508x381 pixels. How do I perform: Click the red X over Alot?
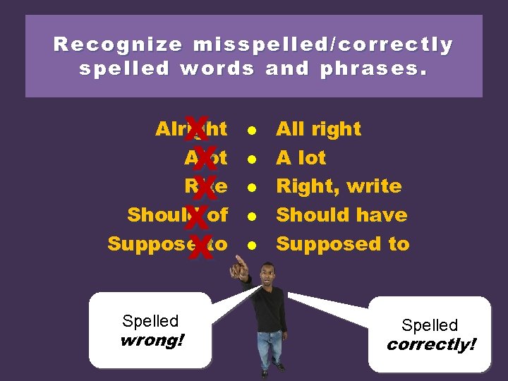click(x=203, y=159)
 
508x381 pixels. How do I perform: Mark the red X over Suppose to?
click(x=201, y=246)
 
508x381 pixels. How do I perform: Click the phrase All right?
click(x=318, y=129)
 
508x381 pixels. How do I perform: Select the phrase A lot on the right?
click(x=301, y=158)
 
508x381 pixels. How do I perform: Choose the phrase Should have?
click(x=341, y=215)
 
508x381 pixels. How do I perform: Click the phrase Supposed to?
click(x=342, y=244)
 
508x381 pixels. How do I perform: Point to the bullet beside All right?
click(x=250, y=130)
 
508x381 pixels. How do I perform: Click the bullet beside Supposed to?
click(x=250, y=245)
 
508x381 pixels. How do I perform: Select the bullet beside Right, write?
click(x=250, y=188)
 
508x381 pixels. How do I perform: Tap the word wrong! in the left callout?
click(x=152, y=341)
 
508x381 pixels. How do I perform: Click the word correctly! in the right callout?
click(x=431, y=346)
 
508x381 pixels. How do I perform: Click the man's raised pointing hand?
click(x=243, y=265)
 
